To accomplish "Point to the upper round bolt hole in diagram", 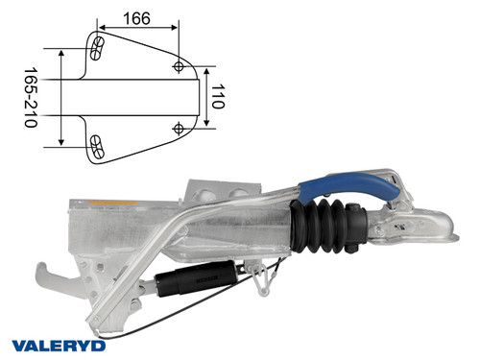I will click(x=180, y=65).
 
